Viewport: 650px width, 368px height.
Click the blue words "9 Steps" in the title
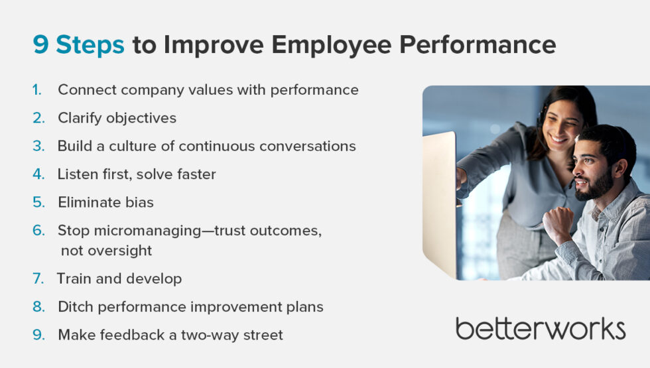[78, 45]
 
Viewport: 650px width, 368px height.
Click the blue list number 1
[38, 90]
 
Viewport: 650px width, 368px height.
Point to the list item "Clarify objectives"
[117, 118]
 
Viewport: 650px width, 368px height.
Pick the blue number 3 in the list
[38, 146]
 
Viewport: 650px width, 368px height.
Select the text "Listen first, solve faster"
[137, 174]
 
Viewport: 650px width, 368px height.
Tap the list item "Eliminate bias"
[105, 203]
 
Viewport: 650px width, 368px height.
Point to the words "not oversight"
[106, 251]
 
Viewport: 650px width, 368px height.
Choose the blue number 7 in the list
[38, 279]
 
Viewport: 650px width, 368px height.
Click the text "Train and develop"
[119, 279]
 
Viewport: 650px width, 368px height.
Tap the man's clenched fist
[559, 223]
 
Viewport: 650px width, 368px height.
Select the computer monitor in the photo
[440, 199]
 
